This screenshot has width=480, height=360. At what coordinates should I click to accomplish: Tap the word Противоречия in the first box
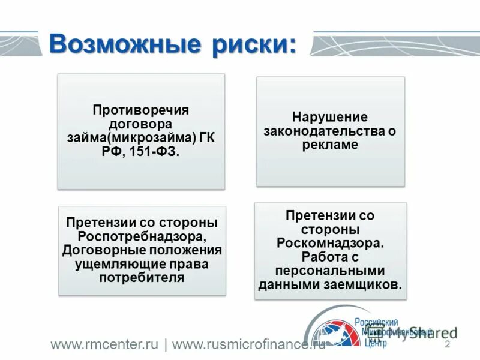pos(140,111)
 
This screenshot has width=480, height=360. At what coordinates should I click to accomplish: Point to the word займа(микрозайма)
pos(131,138)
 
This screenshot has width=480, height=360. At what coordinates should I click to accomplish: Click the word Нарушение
pos(329,117)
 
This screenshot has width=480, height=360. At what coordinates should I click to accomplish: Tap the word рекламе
pos(330,145)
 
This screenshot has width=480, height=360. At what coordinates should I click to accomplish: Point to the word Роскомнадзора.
pos(329,243)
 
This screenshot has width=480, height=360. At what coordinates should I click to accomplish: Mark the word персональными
pos(329,271)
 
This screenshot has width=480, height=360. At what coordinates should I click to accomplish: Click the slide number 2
pos(447,345)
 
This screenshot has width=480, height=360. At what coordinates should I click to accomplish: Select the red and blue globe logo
pos(333,333)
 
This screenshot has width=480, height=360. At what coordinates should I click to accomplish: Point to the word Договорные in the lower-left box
pos(102,250)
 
